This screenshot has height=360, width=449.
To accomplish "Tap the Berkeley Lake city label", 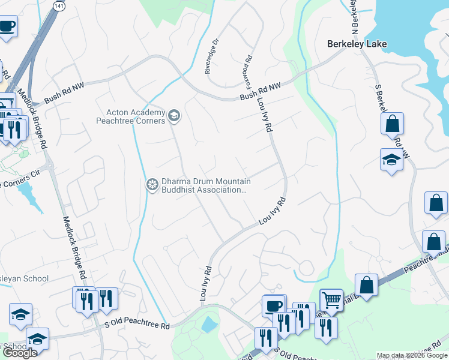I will pos(357,44).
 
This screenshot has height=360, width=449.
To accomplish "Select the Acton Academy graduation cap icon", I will pos(174,116).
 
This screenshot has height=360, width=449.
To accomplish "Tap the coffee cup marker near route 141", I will pos(7,26).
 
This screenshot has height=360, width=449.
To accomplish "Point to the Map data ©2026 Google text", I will pos(412,356).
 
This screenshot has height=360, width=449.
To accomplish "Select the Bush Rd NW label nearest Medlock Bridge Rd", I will pos(65,95).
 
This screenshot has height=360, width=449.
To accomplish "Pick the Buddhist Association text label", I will pos(203,190).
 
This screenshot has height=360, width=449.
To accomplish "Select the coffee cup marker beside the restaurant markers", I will pos(274,305).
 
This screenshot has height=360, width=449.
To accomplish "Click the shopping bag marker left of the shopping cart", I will pos(366,284).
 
